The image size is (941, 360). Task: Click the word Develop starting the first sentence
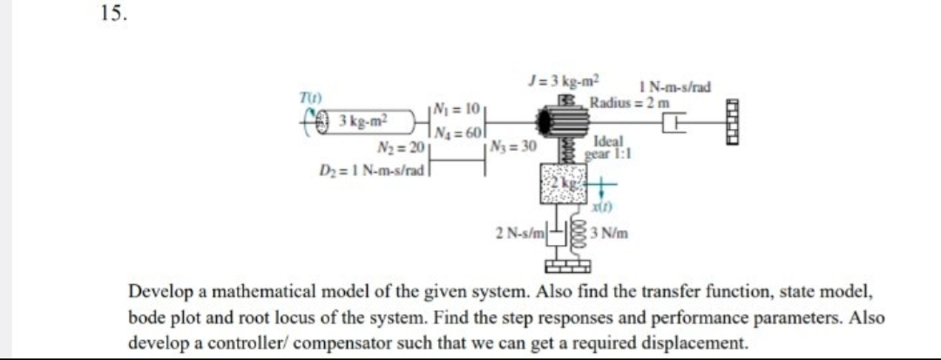click(165, 291)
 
